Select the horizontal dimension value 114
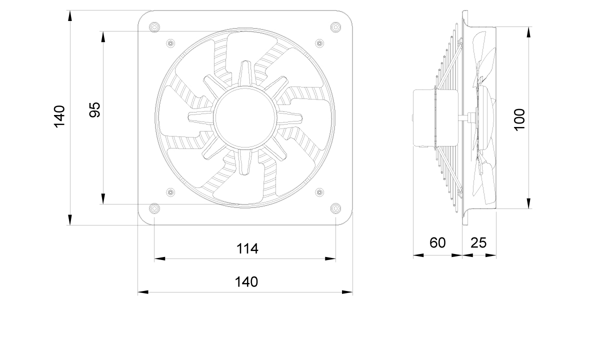coord(247,248)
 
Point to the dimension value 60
coord(437,242)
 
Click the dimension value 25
coord(478,242)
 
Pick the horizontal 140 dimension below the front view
coord(246,281)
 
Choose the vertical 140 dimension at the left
coord(60,116)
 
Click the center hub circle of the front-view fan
coord(245,117)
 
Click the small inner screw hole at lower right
coord(320,192)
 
